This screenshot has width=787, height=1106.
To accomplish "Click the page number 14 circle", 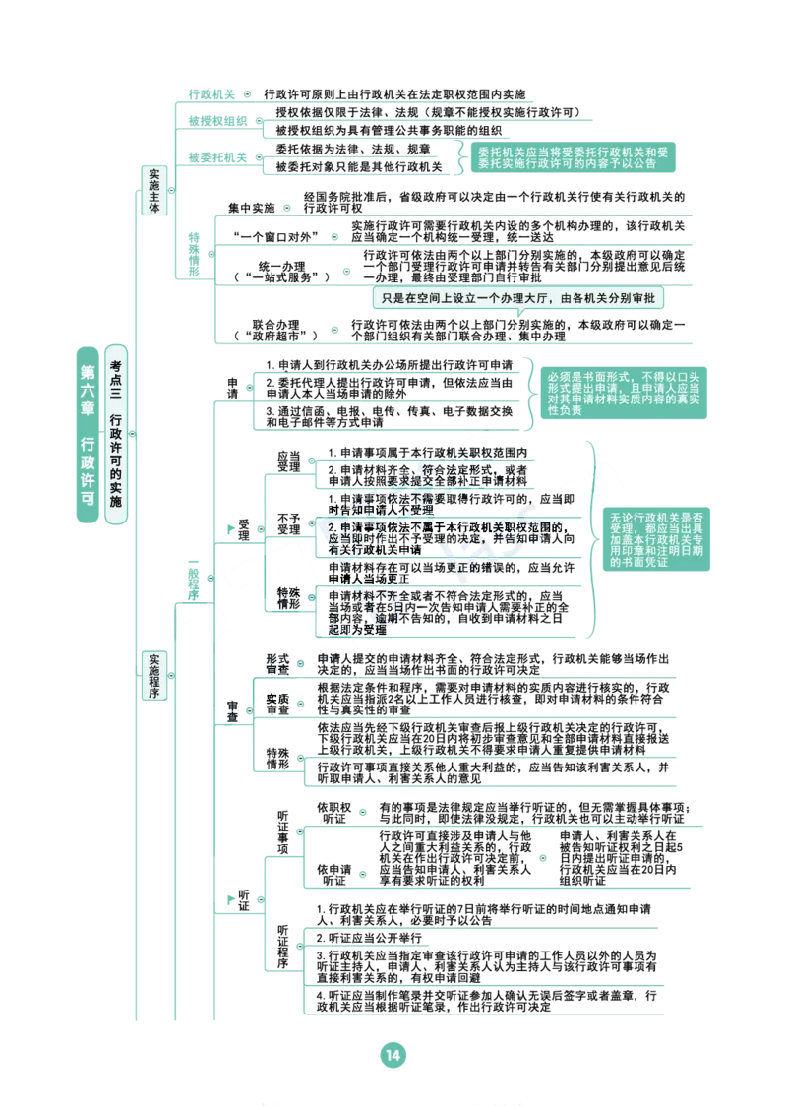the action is coord(393,1055).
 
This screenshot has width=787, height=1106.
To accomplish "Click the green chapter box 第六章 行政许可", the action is coord(88,435).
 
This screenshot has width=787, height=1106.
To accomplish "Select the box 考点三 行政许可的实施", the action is coord(116,434).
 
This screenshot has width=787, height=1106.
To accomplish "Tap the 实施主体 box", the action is coord(153,191).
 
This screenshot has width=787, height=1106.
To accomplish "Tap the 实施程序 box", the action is coord(153,676).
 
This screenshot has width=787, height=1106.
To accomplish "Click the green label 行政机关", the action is coord(212,94).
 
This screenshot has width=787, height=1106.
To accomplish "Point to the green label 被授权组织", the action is coord(217,121).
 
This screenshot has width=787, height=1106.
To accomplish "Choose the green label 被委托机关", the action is coord(217,157).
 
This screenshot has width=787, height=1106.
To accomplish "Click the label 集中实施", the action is coord(251,208).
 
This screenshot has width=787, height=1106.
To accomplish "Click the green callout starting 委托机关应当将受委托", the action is coord(574,157).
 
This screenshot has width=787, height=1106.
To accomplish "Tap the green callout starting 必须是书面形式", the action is coord(624,393).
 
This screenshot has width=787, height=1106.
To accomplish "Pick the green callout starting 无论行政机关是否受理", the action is coord(656,539).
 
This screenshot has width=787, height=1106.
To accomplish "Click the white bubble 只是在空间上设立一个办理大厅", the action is coord(518,298).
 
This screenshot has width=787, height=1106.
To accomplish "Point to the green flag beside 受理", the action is coord(230,529).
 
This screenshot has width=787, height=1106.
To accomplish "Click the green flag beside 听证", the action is coord(230,899).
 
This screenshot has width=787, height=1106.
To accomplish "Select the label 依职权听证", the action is coord(334,813).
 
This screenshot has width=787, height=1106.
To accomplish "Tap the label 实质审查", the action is coord(277,704).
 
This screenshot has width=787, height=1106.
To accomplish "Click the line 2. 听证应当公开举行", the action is coord(369,938).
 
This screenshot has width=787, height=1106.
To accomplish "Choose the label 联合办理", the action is coord(275,330).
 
